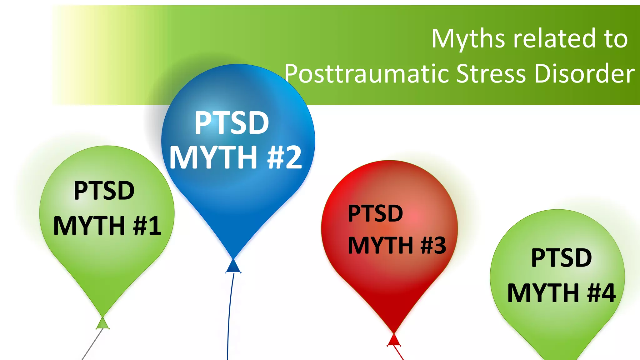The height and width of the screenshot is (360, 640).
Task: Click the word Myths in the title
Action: [468, 39]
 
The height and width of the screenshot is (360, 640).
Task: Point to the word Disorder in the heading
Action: [584, 74]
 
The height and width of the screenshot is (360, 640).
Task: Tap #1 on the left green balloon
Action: [147, 226]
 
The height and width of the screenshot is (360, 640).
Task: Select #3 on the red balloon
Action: [433, 245]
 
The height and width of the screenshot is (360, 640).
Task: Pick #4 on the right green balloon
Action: [601, 293]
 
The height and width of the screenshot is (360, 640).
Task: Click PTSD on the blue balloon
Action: [232, 123]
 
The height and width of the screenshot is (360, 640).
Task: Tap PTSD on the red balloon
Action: [375, 213]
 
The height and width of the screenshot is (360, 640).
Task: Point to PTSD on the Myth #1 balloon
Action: [104, 191]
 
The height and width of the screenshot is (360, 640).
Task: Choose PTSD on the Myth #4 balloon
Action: [561, 258]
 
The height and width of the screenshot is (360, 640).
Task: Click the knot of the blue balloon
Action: [233, 267]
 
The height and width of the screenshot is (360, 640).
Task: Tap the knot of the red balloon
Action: [394, 340]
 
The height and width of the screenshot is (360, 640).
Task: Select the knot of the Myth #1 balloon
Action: [102, 323]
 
